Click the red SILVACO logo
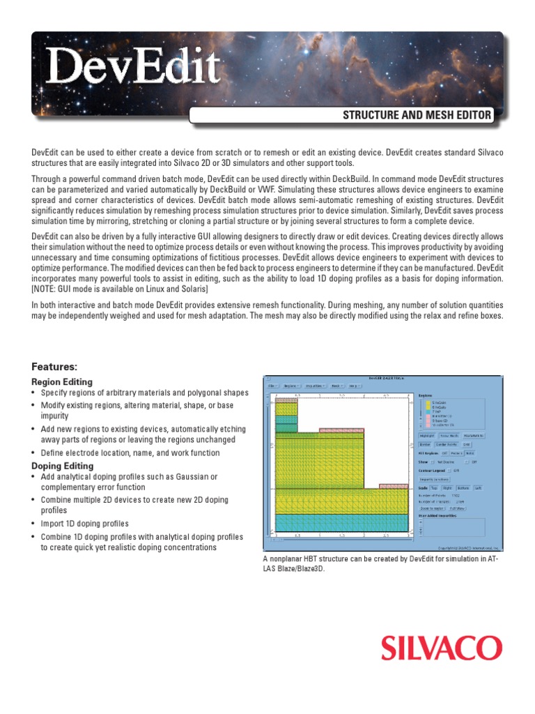tap(441, 648)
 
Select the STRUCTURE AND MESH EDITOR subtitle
tap(417, 115)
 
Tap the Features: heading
tap(54, 366)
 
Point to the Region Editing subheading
tap(62, 382)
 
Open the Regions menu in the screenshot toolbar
tap(293, 384)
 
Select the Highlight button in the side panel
tap(426, 435)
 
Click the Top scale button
tap(434, 488)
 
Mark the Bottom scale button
tap(463, 488)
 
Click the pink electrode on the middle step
tap(342, 430)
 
